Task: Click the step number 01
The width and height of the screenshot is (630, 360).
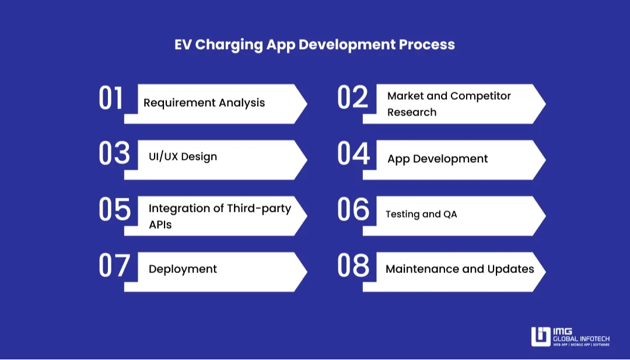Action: (x=111, y=98)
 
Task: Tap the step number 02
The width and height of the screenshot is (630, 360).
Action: (x=353, y=98)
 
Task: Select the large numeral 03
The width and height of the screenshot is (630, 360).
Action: (x=114, y=153)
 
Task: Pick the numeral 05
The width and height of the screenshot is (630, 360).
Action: (x=114, y=209)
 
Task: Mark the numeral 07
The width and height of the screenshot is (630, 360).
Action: (x=114, y=265)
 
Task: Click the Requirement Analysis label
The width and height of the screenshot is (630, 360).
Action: (x=204, y=103)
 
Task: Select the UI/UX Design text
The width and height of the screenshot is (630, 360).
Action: (x=183, y=156)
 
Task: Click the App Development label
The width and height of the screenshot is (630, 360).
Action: (x=437, y=159)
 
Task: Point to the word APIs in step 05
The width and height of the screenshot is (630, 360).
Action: (x=160, y=225)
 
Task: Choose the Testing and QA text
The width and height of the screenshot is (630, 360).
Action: (x=421, y=214)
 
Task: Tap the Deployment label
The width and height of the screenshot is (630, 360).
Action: (x=183, y=269)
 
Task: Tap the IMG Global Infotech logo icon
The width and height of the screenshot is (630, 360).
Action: (x=541, y=337)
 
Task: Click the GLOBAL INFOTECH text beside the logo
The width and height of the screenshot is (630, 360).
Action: (x=581, y=338)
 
